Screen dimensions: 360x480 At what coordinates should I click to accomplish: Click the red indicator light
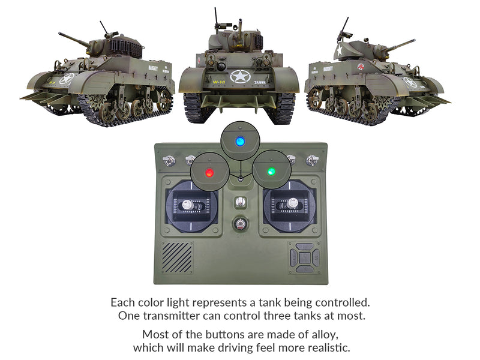pos(209,173)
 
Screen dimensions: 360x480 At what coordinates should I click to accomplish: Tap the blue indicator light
pos(240,142)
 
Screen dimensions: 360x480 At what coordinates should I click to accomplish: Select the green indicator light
pos(271,172)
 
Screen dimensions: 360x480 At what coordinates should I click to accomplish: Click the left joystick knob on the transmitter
pos(187,204)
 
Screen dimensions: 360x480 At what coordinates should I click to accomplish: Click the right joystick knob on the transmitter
pos(292,204)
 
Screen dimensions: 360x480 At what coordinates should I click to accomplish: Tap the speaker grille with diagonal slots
pos(177,257)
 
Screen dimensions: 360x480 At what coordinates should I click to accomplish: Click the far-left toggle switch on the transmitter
pos(170,160)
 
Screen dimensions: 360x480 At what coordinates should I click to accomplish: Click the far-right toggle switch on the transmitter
pos(311,160)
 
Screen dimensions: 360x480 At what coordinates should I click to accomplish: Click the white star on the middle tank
pos(239,77)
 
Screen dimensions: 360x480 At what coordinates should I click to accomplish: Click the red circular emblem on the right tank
pos(361,67)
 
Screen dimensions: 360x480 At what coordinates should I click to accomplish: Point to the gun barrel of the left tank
pos(74,40)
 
